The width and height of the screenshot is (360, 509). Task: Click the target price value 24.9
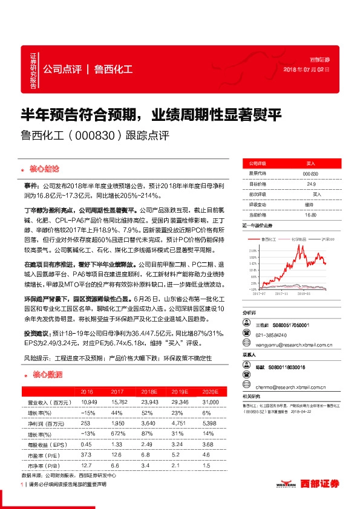click(311, 184)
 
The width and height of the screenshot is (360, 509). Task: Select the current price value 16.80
click(310, 214)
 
